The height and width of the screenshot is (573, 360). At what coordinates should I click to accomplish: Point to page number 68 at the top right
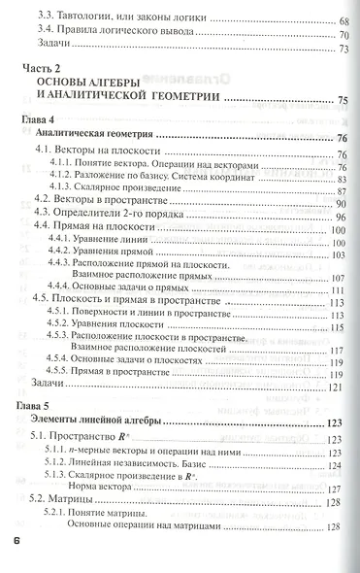point(344,21)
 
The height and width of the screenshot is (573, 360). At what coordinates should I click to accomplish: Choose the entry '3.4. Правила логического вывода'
point(112,39)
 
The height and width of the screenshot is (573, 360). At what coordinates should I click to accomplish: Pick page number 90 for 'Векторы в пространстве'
point(340,203)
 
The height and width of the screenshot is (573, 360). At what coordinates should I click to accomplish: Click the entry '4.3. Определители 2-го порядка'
point(103,219)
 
